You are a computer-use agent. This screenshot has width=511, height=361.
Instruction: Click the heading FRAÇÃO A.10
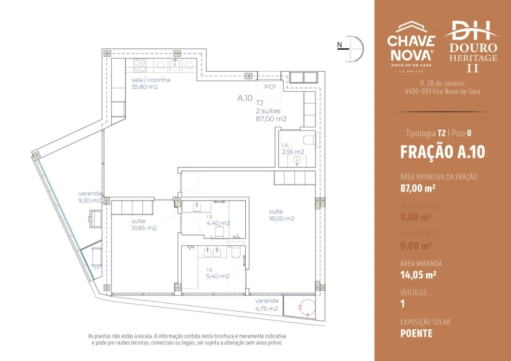point(442,152)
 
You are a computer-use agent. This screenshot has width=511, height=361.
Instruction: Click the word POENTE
point(416,333)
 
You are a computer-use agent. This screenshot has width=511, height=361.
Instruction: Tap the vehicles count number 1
point(403,303)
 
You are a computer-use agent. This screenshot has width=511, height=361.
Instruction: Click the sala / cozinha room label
point(150,83)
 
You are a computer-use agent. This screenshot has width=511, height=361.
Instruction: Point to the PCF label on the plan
point(270,87)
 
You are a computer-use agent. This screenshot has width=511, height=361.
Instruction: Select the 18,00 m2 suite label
point(281,215)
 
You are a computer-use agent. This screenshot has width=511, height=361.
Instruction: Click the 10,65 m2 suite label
point(144,224)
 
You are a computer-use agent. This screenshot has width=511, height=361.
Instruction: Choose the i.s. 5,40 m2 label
point(218,272)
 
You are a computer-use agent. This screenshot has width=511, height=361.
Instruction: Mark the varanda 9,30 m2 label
point(90,197)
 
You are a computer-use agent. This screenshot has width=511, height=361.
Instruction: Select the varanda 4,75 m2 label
point(266,304)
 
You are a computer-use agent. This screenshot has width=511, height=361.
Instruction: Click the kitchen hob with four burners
point(140,65)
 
